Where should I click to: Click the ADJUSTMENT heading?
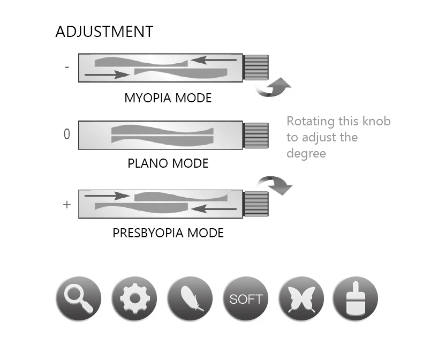pos(104,32)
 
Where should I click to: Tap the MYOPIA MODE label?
pos(168,99)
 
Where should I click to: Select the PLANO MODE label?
pos(168,163)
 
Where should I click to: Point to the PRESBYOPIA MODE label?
pos(168,234)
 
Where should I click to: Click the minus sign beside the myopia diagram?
pos(66,68)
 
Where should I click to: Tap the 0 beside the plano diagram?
pos(67,134)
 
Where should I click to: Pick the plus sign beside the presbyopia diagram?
pos(67,204)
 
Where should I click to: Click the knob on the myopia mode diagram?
pos(256,68)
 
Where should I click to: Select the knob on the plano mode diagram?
pos(256,136)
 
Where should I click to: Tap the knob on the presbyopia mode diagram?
pos(256,204)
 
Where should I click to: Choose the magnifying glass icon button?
pos(78,298)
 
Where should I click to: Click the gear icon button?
pos(134,298)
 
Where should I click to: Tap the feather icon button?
pos(190,298)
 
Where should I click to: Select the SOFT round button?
pos(246,298)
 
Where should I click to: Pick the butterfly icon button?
pos(301,298)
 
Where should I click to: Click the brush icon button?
pos(356,298)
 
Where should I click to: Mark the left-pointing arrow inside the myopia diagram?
pos(214,60)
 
